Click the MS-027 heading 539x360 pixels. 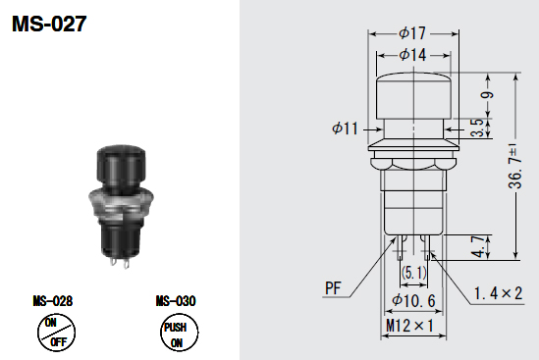pyautogui.click(x=49, y=24)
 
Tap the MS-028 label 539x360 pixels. pyautogui.click(x=53, y=301)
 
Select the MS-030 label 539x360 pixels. pyautogui.click(x=176, y=301)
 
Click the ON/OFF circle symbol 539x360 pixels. pyautogui.click(x=56, y=333)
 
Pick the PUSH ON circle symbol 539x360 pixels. pyautogui.click(x=179, y=333)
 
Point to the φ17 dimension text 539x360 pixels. pyautogui.click(x=412, y=33)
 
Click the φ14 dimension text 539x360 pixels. pyautogui.click(x=412, y=55)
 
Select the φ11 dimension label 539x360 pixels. pyautogui.click(x=345, y=129)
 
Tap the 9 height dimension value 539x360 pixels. pyautogui.click(x=487, y=94)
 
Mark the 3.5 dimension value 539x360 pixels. pyautogui.click(x=477, y=128)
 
